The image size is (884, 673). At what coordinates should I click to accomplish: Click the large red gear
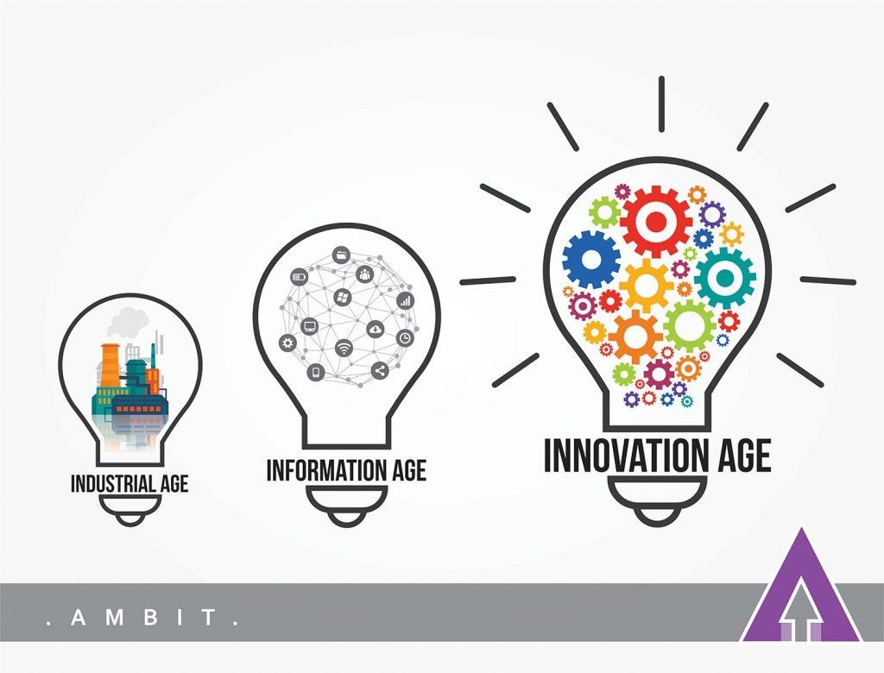656,221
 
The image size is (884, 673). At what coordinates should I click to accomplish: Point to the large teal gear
724,278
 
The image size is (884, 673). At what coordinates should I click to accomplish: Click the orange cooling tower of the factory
110,366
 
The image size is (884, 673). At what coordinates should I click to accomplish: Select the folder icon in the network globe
340,255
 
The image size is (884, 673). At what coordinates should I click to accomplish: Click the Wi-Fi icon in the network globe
344,348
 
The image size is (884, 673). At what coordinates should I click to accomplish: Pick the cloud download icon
376,329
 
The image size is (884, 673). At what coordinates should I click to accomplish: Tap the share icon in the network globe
378,371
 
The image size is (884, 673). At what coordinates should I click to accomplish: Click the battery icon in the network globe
300,277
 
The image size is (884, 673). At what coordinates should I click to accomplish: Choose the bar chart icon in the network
405,301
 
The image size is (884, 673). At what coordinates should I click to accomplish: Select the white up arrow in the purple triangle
802,614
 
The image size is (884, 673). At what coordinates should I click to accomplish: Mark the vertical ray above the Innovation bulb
661,104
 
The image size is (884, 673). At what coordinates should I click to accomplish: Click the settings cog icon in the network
287,343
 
